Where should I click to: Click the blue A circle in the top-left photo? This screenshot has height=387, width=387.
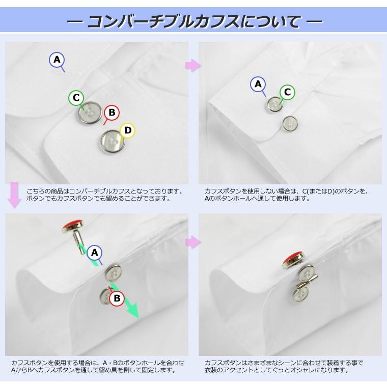57,60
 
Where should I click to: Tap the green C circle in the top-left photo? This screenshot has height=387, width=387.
76,98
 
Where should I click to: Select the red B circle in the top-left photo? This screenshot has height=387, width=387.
112,113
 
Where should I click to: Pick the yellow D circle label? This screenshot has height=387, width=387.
128,131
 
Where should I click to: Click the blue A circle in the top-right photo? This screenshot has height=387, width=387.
258,84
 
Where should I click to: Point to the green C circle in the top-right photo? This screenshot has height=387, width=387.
287,92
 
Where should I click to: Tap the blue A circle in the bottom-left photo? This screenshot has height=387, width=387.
95,252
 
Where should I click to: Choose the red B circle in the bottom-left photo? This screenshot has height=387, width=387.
117,298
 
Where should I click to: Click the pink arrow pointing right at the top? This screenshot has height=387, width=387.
193,66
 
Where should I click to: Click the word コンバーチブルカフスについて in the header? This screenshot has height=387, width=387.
193,22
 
